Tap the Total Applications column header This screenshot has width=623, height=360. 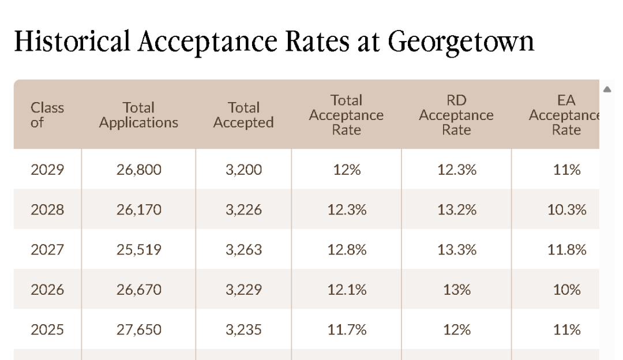(138, 115)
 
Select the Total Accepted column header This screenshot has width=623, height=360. (243, 115)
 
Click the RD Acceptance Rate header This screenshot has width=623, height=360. (456, 115)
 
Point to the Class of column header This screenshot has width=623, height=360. (47, 115)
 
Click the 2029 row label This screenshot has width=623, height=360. (47, 170)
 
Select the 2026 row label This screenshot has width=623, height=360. (47, 290)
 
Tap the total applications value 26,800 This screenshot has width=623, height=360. (138, 170)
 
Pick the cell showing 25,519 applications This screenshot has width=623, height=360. (138, 250)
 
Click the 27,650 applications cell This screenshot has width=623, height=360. (138, 330)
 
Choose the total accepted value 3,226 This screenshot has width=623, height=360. (243, 210)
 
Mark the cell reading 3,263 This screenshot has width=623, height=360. (243, 250)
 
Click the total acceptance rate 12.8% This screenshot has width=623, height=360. (347, 250)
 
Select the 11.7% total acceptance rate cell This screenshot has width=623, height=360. (347, 330)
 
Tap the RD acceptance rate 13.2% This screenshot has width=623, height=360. (457, 210)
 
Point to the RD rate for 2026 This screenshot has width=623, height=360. (457, 290)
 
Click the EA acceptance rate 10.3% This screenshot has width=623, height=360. (566, 210)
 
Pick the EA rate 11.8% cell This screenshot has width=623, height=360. (566, 250)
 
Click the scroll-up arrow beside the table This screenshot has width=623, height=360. (607, 89)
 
